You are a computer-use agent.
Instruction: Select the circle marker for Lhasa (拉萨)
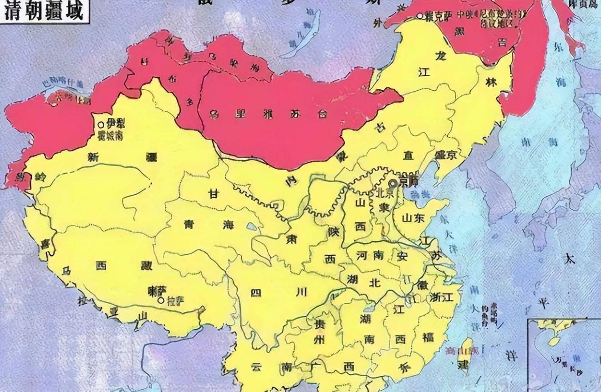(x=160, y=301)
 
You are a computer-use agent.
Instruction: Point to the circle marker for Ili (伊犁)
(x=101, y=124)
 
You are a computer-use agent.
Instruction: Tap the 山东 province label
(x=413, y=218)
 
